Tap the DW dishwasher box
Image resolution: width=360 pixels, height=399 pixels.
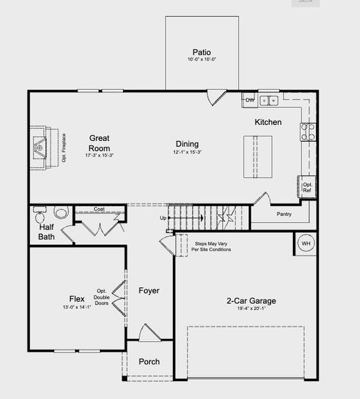tap(250, 100)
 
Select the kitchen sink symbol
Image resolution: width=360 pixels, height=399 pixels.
tap(269, 101)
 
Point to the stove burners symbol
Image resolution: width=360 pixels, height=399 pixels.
tap(307, 132)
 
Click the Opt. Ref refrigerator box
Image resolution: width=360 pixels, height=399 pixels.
tap(307, 186)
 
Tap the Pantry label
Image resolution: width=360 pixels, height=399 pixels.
tap(283, 214)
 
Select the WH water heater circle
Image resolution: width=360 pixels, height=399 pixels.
tap(305, 243)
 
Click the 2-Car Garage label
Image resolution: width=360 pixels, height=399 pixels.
tap(251, 301)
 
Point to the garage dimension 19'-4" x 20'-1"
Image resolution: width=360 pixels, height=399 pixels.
tap(251, 309)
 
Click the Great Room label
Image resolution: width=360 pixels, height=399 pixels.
tap(99, 143)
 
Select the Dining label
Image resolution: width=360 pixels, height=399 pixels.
tap(187, 144)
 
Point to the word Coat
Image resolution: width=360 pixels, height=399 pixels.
tap(99, 209)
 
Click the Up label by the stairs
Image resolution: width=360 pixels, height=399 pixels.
tap(163, 218)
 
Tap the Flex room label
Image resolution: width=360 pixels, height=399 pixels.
tap(77, 299)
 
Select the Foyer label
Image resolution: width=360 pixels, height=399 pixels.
tap(148, 291)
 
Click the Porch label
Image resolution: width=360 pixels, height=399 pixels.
tap(148, 362)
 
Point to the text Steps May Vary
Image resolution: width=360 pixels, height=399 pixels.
tap(212, 243)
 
